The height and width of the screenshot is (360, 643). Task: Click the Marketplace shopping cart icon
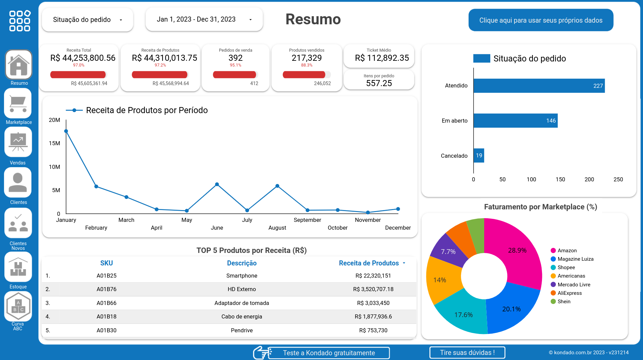tap(18, 103)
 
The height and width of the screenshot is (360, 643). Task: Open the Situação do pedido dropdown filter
tap(87, 20)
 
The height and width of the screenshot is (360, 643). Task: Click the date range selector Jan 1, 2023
tap(204, 20)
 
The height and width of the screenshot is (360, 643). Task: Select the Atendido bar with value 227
tap(539, 86)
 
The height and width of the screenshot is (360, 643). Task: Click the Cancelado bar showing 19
tap(479, 156)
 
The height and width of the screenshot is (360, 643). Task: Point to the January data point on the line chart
tap(66, 131)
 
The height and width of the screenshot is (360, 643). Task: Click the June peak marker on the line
tap(217, 184)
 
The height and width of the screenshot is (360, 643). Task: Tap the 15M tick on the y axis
tap(54, 144)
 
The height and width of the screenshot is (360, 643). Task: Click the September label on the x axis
tap(307, 220)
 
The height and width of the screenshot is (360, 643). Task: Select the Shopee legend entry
tap(566, 267)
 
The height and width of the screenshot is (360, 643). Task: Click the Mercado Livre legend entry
tap(574, 285)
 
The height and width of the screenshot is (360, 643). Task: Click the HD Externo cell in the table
tap(242, 289)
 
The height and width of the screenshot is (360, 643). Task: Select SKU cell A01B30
tap(106, 330)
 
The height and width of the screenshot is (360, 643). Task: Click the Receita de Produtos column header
tap(369, 263)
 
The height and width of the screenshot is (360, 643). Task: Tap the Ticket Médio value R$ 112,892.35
tap(382, 58)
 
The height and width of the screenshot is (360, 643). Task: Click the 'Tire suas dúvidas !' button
tap(467, 353)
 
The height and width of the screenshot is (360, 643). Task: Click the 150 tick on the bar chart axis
tap(560, 179)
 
